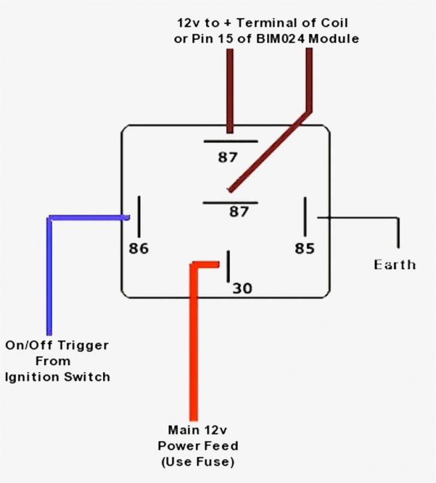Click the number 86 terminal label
pos(138,248)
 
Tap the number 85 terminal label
pos(304,248)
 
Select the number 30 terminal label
pos(242,288)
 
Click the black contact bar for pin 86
pos(138,216)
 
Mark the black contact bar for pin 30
pos(228,266)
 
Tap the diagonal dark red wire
pos(270,150)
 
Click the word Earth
pos(395,265)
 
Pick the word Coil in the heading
pos(334,23)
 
